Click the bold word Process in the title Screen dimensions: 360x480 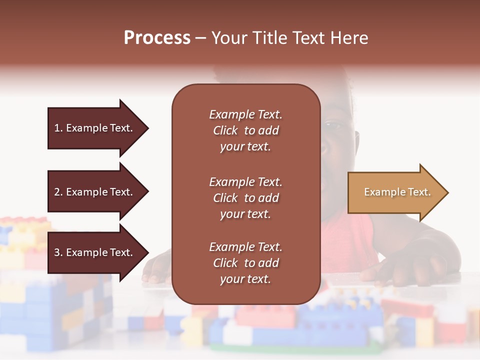click(x=157, y=38)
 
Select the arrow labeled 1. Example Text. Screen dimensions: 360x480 click(x=95, y=128)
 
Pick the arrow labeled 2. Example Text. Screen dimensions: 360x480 click(x=95, y=192)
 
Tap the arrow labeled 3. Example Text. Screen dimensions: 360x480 click(x=95, y=252)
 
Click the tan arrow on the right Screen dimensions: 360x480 click(x=395, y=192)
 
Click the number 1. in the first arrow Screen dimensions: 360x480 click(x=58, y=128)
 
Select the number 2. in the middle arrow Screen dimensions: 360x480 click(x=58, y=192)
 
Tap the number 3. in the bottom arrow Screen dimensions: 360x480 click(x=58, y=252)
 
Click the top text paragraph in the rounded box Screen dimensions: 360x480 click(x=245, y=130)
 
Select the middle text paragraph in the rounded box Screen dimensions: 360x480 click(x=245, y=198)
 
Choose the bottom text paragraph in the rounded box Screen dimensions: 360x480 click(x=245, y=263)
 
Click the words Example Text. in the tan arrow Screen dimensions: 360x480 click(x=397, y=192)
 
